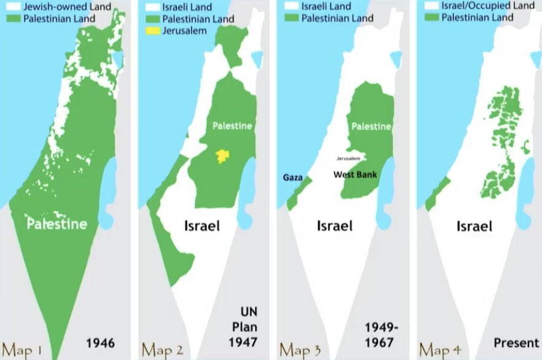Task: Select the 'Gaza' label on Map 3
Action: click(x=293, y=177)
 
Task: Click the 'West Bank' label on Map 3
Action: click(x=355, y=174)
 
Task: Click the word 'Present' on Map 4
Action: click(x=516, y=342)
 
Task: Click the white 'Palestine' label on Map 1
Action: click(x=57, y=224)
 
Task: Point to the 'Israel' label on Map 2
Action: click(x=202, y=225)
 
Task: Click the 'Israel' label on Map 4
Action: click(x=474, y=226)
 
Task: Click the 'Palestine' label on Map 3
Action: click(x=371, y=127)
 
